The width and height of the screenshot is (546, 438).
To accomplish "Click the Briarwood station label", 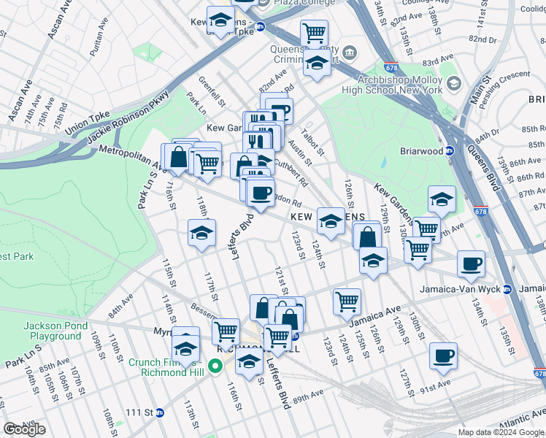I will [x=420, y=152].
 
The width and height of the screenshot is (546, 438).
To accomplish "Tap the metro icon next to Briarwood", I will [x=450, y=152].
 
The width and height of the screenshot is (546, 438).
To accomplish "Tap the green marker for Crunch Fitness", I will [x=215, y=366].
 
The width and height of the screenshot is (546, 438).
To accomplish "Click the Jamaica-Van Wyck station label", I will [x=460, y=289].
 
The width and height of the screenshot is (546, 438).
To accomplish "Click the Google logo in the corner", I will [x=25, y=429].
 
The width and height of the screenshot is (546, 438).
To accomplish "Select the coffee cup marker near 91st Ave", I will [x=444, y=356].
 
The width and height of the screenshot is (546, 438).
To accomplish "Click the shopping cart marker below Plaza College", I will [x=314, y=33].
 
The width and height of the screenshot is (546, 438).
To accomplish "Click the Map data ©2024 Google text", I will [x=501, y=432].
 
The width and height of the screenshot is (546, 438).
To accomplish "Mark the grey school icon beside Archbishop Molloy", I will [x=454, y=85].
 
